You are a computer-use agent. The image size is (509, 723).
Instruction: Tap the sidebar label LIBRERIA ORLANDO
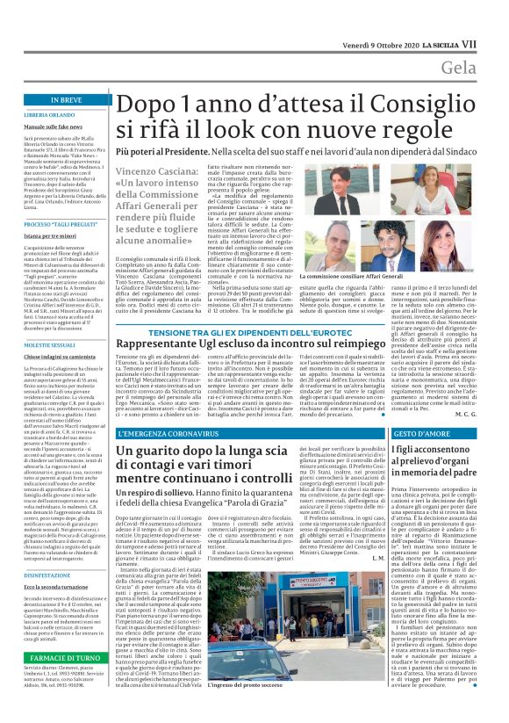[50, 115]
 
